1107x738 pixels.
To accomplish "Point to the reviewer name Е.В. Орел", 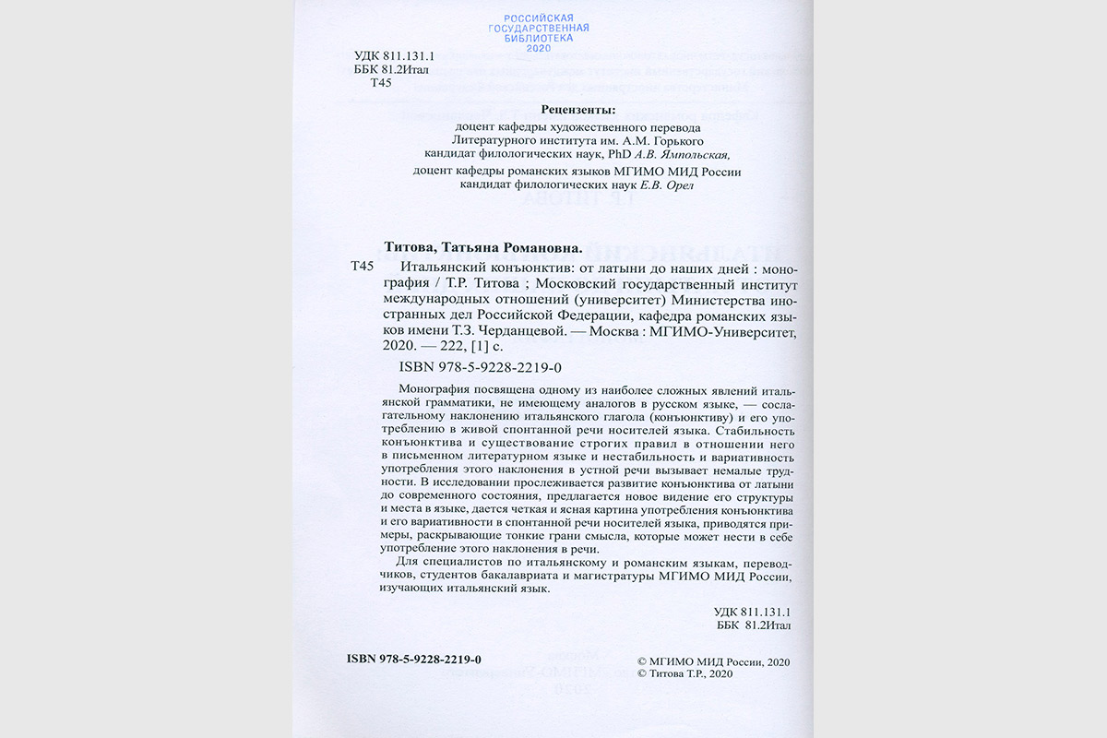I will click(x=665, y=185).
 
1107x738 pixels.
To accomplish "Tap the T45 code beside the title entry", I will click(x=363, y=267).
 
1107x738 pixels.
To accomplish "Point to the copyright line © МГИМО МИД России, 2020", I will click(x=714, y=661).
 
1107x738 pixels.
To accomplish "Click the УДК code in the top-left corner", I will click(x=395, y=55).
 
